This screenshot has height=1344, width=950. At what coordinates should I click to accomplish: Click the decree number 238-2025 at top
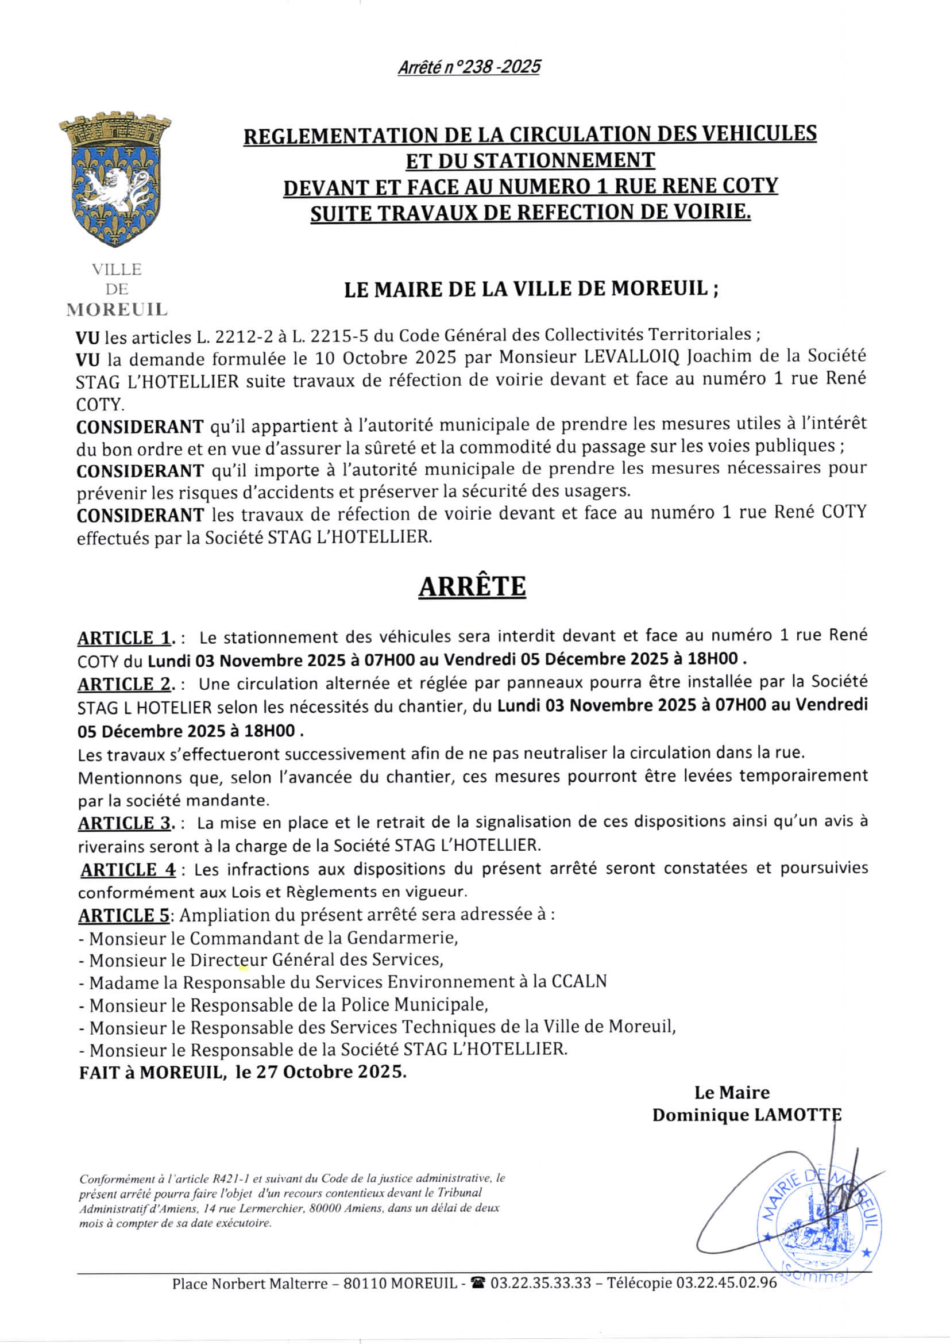(469, 67)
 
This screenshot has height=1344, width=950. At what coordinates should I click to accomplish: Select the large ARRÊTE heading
(472, 586)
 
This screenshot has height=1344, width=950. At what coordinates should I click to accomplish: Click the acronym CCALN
(579, 982)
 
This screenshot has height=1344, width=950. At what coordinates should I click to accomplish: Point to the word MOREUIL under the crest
(117, 309)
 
